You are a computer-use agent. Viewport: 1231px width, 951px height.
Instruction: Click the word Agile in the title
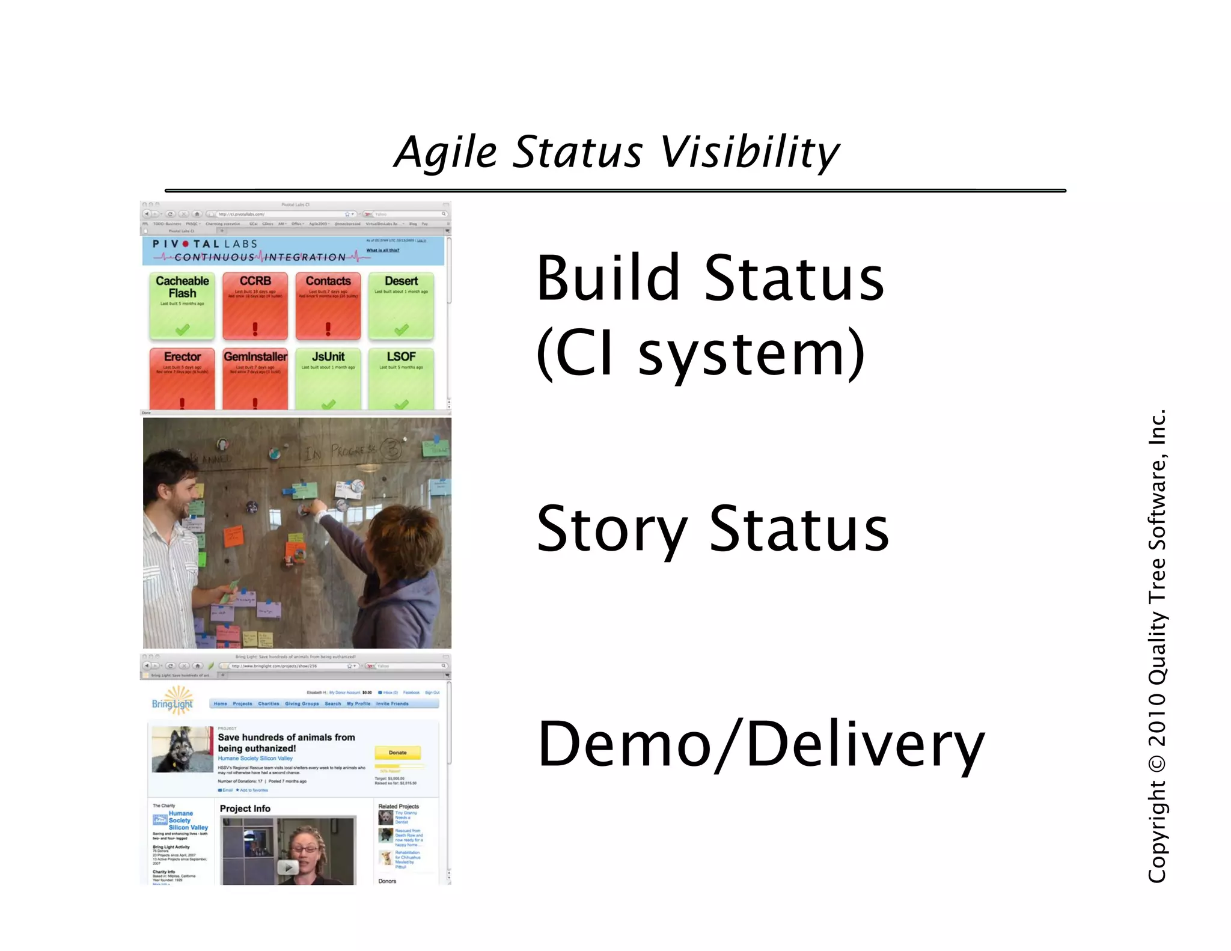tap(446, 152)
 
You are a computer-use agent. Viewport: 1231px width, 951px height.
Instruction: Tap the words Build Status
tap(709, 278)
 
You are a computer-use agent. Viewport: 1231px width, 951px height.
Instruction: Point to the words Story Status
tap(712, 529)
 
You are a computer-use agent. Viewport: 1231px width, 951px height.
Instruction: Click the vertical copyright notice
tap(1156, 646)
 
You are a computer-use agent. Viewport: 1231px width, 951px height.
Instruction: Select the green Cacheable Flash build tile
tap(182, 305)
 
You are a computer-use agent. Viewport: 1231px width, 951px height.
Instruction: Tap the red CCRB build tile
tap(255, 305)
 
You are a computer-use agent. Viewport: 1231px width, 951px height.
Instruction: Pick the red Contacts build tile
tap(328, 305)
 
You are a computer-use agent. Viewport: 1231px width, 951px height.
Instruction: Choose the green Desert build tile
tap(401, 305)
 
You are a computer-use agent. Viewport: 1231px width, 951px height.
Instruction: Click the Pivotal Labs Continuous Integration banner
tap(293, 251)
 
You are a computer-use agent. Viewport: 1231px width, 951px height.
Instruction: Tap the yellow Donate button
tap(397, 753)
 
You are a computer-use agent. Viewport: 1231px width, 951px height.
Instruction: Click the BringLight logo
tap(173, 702)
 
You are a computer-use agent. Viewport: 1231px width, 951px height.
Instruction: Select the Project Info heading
tap(245, 809)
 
